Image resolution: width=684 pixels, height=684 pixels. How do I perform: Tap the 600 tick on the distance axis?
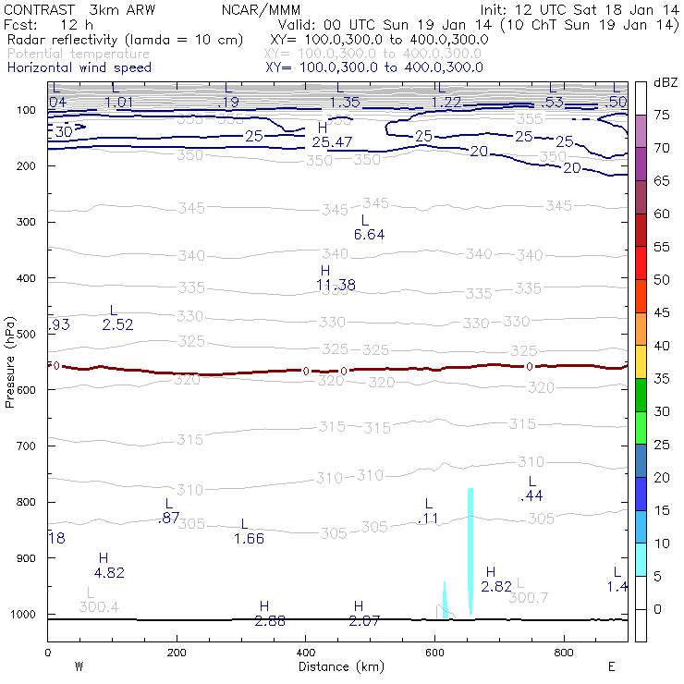tap(434, 652)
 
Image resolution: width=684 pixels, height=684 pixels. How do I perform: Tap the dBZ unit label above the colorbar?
tap(666, 82)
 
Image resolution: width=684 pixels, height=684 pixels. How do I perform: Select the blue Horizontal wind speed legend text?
tap(79, 67)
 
